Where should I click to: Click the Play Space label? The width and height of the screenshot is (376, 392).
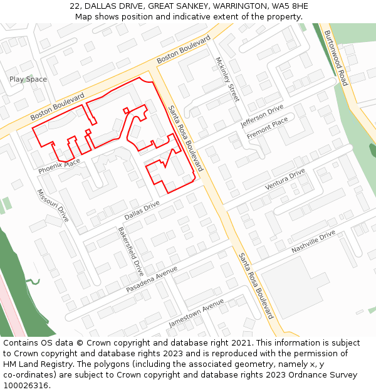pyautogui.click(x=28, y=79)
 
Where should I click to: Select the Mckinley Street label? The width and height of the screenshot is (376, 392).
pyautogui.click(x=227, y=80)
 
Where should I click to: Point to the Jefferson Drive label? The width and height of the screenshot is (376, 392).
pyautogui.click(x=262, y=116)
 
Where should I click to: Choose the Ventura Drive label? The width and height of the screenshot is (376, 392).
pyautogui.click(x=285, y=179)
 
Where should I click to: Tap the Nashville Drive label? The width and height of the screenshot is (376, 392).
pyautogui.click(x=313, y=242)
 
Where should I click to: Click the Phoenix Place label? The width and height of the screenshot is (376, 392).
pyautogui.click(x=59, y=166)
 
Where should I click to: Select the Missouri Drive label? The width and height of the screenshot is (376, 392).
pyautogui.click(x=53, y=206)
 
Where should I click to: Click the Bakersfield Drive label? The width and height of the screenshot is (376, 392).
pyautogui.click(x=131, y=252)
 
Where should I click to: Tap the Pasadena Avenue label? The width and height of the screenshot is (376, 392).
pyautogui.click(x=152, y=279)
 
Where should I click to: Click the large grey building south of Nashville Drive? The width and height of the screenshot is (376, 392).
pyautogui.click(x=295, y=285)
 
